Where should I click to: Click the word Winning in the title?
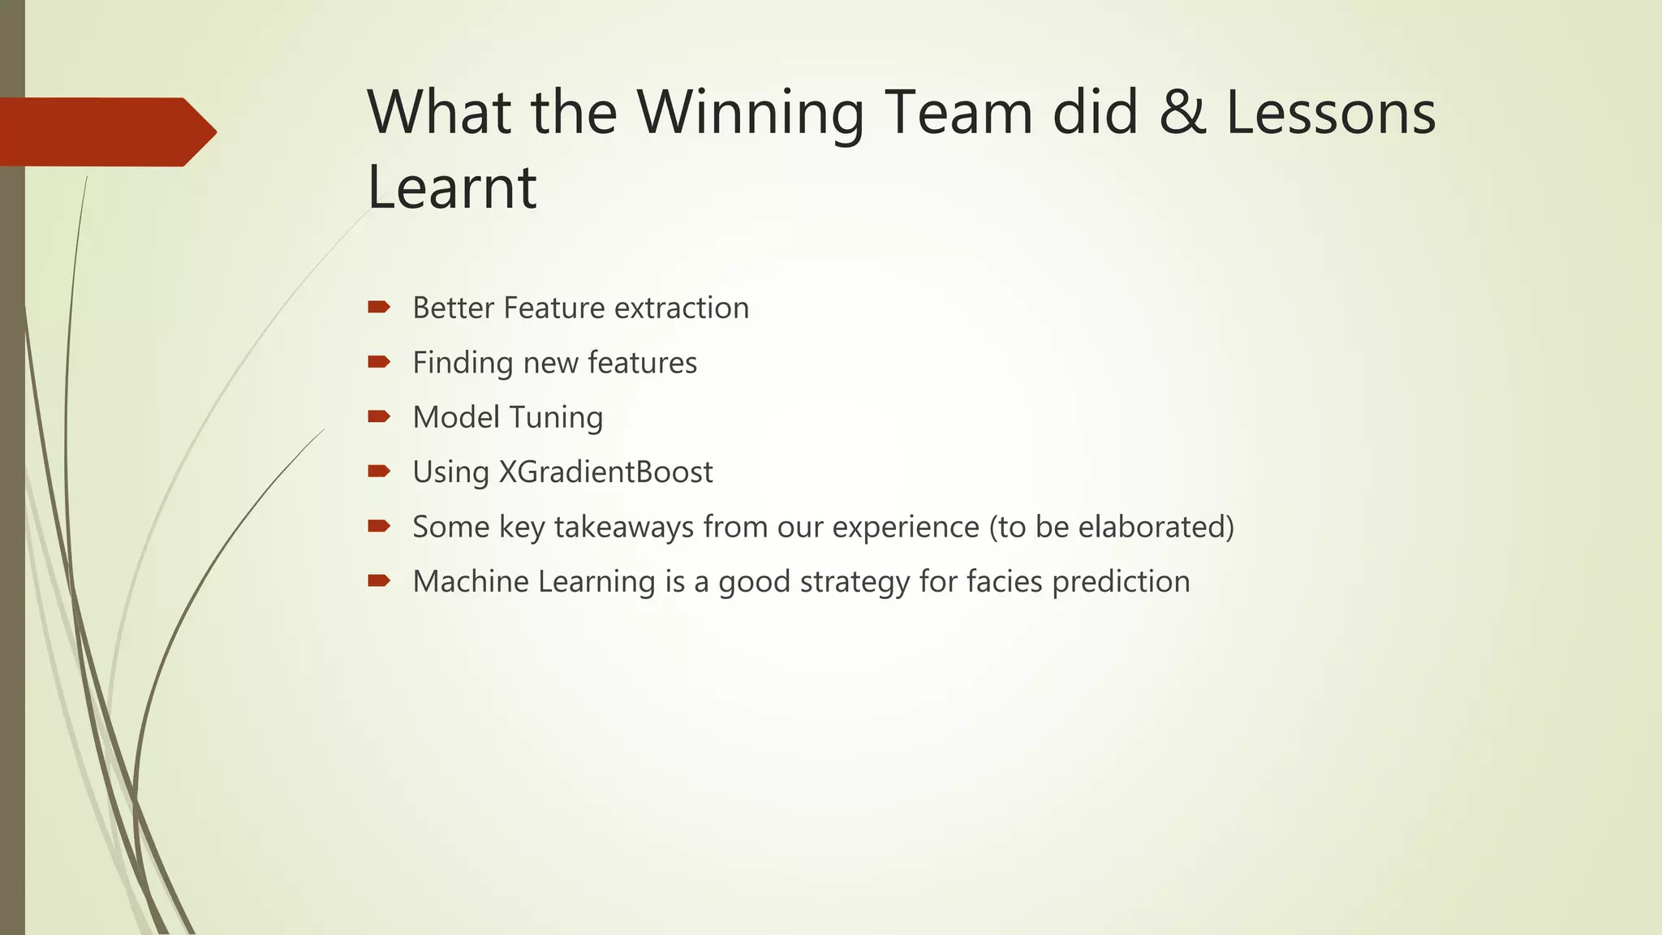pyautogui.click(x=750, y=114)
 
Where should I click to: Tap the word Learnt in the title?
pyautogui.click(x=451, y=187)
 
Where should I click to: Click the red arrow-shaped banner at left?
pyautogui.click(x=105, y=132)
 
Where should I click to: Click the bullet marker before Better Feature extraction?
pyautogui.click(x=379, y=308)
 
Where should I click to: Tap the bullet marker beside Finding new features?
pyautogui.click(x=379, y=362)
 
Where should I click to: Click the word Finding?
pyautogui.click(x=462, y=363)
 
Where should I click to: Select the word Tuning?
pyautogui.click(x=557, y=418)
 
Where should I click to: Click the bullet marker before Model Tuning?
pyautogui.click(x=379, y=417)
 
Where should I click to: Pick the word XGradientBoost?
pyautogui.click(x=605, y=472)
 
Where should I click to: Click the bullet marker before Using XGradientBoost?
pyautogui.click(x=379, y=472)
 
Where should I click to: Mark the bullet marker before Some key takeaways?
pyautogui.click(x=379, y=527)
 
